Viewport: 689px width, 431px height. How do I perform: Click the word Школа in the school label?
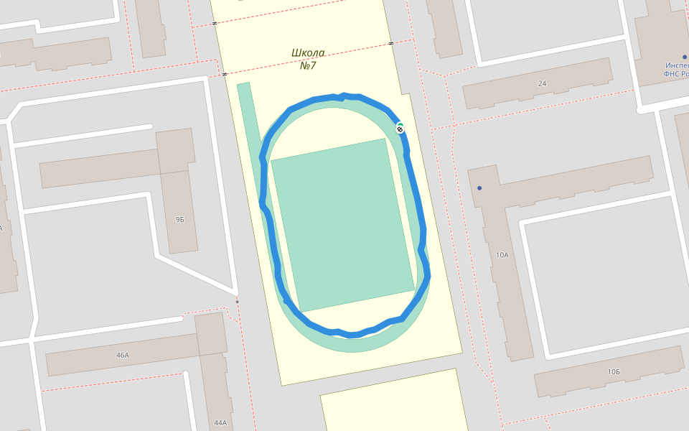point(308,52)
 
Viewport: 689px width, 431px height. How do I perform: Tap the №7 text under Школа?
point(308,65)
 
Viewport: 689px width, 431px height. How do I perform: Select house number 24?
point(542,83)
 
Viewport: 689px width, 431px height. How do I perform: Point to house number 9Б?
point(179,219)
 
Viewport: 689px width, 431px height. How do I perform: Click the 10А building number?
point(502,255)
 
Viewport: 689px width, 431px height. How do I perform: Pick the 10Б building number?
point(613,371)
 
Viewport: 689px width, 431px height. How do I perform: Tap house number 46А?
point(122,355)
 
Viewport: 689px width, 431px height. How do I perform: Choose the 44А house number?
point(220,422)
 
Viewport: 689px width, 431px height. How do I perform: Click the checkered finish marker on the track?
point(400,129)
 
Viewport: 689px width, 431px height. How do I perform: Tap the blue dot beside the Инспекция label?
point(685,57)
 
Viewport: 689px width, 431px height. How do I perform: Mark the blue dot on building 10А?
point(479,188)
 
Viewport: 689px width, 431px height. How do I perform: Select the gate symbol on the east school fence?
point(391,43)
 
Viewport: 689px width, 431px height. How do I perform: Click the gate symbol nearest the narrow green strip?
point(225,73)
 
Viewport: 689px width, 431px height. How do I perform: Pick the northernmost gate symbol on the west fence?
point(215,24)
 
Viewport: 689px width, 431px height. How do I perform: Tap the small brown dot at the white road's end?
point(237,302)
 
